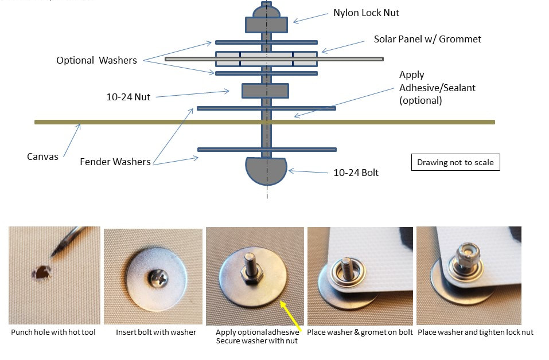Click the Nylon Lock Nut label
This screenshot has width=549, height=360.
point(366,13)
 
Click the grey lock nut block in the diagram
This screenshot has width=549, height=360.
point(266,25)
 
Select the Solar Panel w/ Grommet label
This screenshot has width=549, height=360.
point(427,40)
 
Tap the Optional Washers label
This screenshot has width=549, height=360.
point(96,60)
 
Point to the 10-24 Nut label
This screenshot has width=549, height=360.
point(129,97)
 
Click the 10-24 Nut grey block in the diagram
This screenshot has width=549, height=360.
point(265,91)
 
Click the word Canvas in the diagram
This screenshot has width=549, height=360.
point(42,156)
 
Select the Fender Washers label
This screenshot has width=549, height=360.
point(115,162)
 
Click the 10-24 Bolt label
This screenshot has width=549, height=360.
point(356,173)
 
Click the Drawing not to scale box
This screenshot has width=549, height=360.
point(455,162)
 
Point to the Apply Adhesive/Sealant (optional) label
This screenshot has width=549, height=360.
point(437,88)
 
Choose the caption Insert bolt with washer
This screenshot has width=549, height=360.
point(155,332)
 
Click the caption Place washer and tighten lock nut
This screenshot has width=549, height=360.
point(475,332)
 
